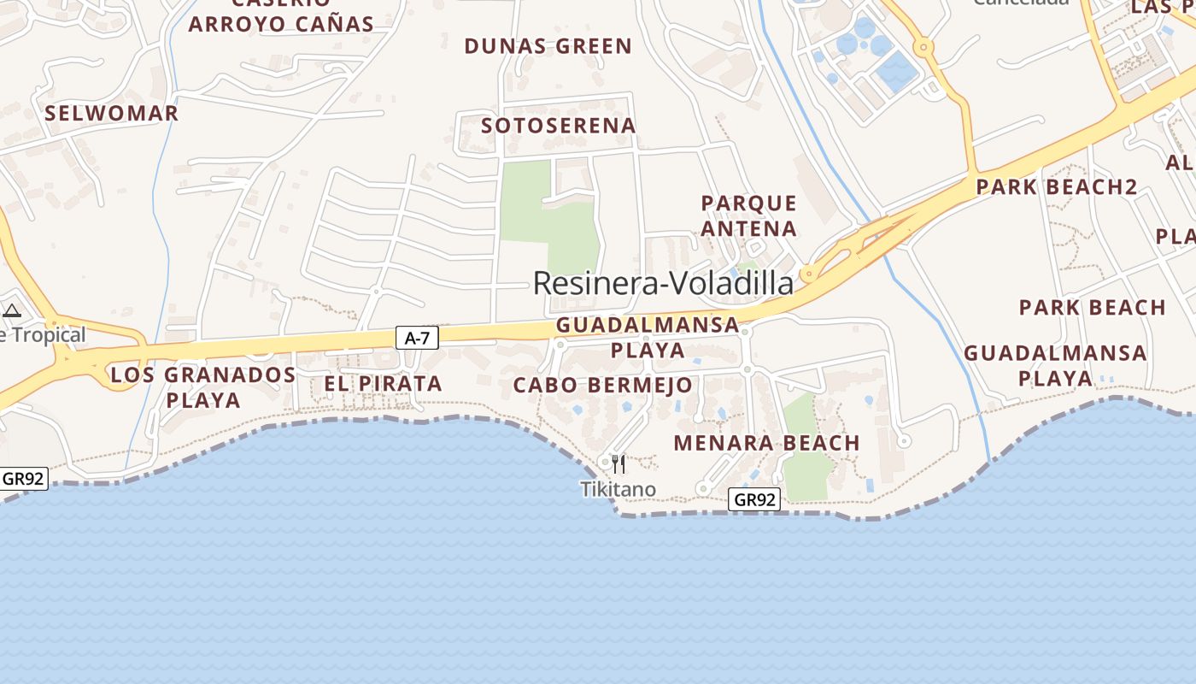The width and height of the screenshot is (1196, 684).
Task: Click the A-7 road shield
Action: click(417, 339)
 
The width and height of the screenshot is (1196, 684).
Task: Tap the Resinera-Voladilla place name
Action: click(663, 283)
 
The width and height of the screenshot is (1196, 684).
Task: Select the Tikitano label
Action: click(619, 489)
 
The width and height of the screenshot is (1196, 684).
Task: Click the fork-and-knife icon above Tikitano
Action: click(619, 463)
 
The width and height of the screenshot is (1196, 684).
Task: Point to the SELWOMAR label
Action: click(111, 113)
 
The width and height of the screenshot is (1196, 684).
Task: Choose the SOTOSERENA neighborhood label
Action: click(559, 126)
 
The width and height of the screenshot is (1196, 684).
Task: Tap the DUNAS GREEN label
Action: click(548, 46)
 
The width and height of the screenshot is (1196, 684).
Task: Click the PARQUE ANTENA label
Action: click(749, 215)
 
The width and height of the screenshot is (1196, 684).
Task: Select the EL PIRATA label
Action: click(383, 384)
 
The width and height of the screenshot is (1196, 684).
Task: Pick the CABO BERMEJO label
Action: click(602, 386)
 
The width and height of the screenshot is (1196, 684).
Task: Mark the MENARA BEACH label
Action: click(766, 443)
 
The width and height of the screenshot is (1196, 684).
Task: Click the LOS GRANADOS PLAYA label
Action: click(203, 386)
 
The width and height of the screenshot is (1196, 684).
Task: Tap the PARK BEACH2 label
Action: click(1057, 186)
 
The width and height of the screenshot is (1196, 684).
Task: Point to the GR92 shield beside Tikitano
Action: click(754, 500)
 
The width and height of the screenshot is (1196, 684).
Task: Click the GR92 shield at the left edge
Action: click(23, 479)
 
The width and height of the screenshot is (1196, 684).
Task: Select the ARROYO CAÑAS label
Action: click(281, 24)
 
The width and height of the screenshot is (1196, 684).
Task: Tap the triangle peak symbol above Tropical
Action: click(12, 310)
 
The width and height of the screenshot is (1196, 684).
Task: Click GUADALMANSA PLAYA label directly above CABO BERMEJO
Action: click(648, 337)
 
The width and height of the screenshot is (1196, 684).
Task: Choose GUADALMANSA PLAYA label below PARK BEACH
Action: click(1055, 365)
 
